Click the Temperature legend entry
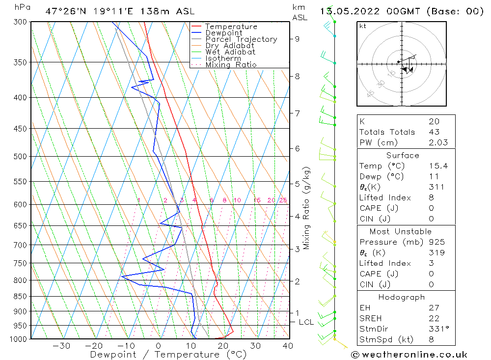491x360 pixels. [x=231, y=27]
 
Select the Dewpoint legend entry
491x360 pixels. [x=223, y=33]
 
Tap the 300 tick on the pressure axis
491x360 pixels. [x=20, y=22]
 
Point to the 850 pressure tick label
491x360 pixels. [x=20, y=296]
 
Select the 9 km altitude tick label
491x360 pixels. [x=298, y=39]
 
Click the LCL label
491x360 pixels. [x=306, y=322]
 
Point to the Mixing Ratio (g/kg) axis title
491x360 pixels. [x=306, y=208]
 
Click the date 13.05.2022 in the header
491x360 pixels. [x=346, y=11]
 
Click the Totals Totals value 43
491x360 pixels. [x=434, y=132]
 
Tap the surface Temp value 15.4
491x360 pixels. [x=438, y=166]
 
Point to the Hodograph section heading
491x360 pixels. [x=402, y=297]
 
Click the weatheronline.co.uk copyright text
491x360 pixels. [x=409, y=354]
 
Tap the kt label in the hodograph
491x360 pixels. [x=363, y=26]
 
